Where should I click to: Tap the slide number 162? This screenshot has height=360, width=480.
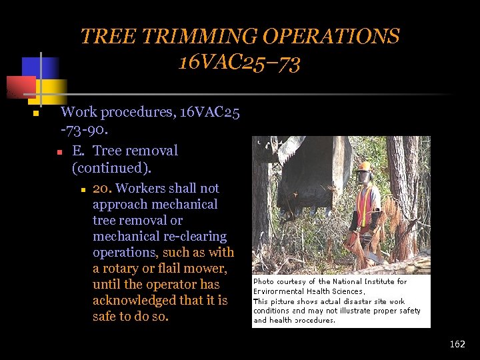coord(457,344)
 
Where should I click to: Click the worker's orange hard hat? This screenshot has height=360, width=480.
coord(363,166)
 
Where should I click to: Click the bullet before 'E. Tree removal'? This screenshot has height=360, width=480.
coord(59,153)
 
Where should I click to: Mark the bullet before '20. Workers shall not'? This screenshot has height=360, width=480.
coord(83,190)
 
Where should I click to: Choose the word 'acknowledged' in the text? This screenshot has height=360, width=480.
coord(135,301)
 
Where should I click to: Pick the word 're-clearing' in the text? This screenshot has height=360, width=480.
coord(197,237)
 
